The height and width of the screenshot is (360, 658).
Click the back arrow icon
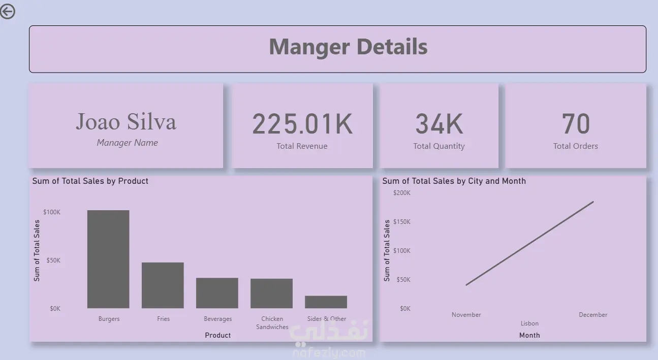tap(7, 12)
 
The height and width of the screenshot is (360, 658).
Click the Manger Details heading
tap(349, 47)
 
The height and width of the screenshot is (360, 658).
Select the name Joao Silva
tap(126, 121)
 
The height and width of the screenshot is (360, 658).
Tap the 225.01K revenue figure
tap(302, 124)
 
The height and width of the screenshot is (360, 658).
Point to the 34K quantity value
tap(439, 124)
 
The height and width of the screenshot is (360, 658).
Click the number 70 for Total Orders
tap(576, 123)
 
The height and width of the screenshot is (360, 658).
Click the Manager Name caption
tap(127, 143)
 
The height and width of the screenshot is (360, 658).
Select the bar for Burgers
tap(108, 259)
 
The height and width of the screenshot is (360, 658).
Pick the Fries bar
tap(163, 285)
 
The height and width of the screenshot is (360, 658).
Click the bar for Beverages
tap(217, 293)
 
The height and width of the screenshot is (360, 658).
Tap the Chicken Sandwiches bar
tap(271, 293)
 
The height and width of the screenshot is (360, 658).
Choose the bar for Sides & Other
tap(326, 302)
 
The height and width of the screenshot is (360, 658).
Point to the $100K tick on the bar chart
tap(52, 212)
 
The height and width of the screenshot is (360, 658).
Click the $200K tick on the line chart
tap(402, 193)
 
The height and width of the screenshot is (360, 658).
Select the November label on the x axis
tap(466, 315)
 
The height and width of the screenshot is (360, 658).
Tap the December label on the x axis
tap(593, 315)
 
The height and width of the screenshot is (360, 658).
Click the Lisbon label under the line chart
tap(529, 323)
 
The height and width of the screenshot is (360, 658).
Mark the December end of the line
tap(593, 202)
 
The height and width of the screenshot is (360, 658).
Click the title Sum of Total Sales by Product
tap(90, 181)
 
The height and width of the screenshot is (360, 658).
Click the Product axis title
tap(217, 335)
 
